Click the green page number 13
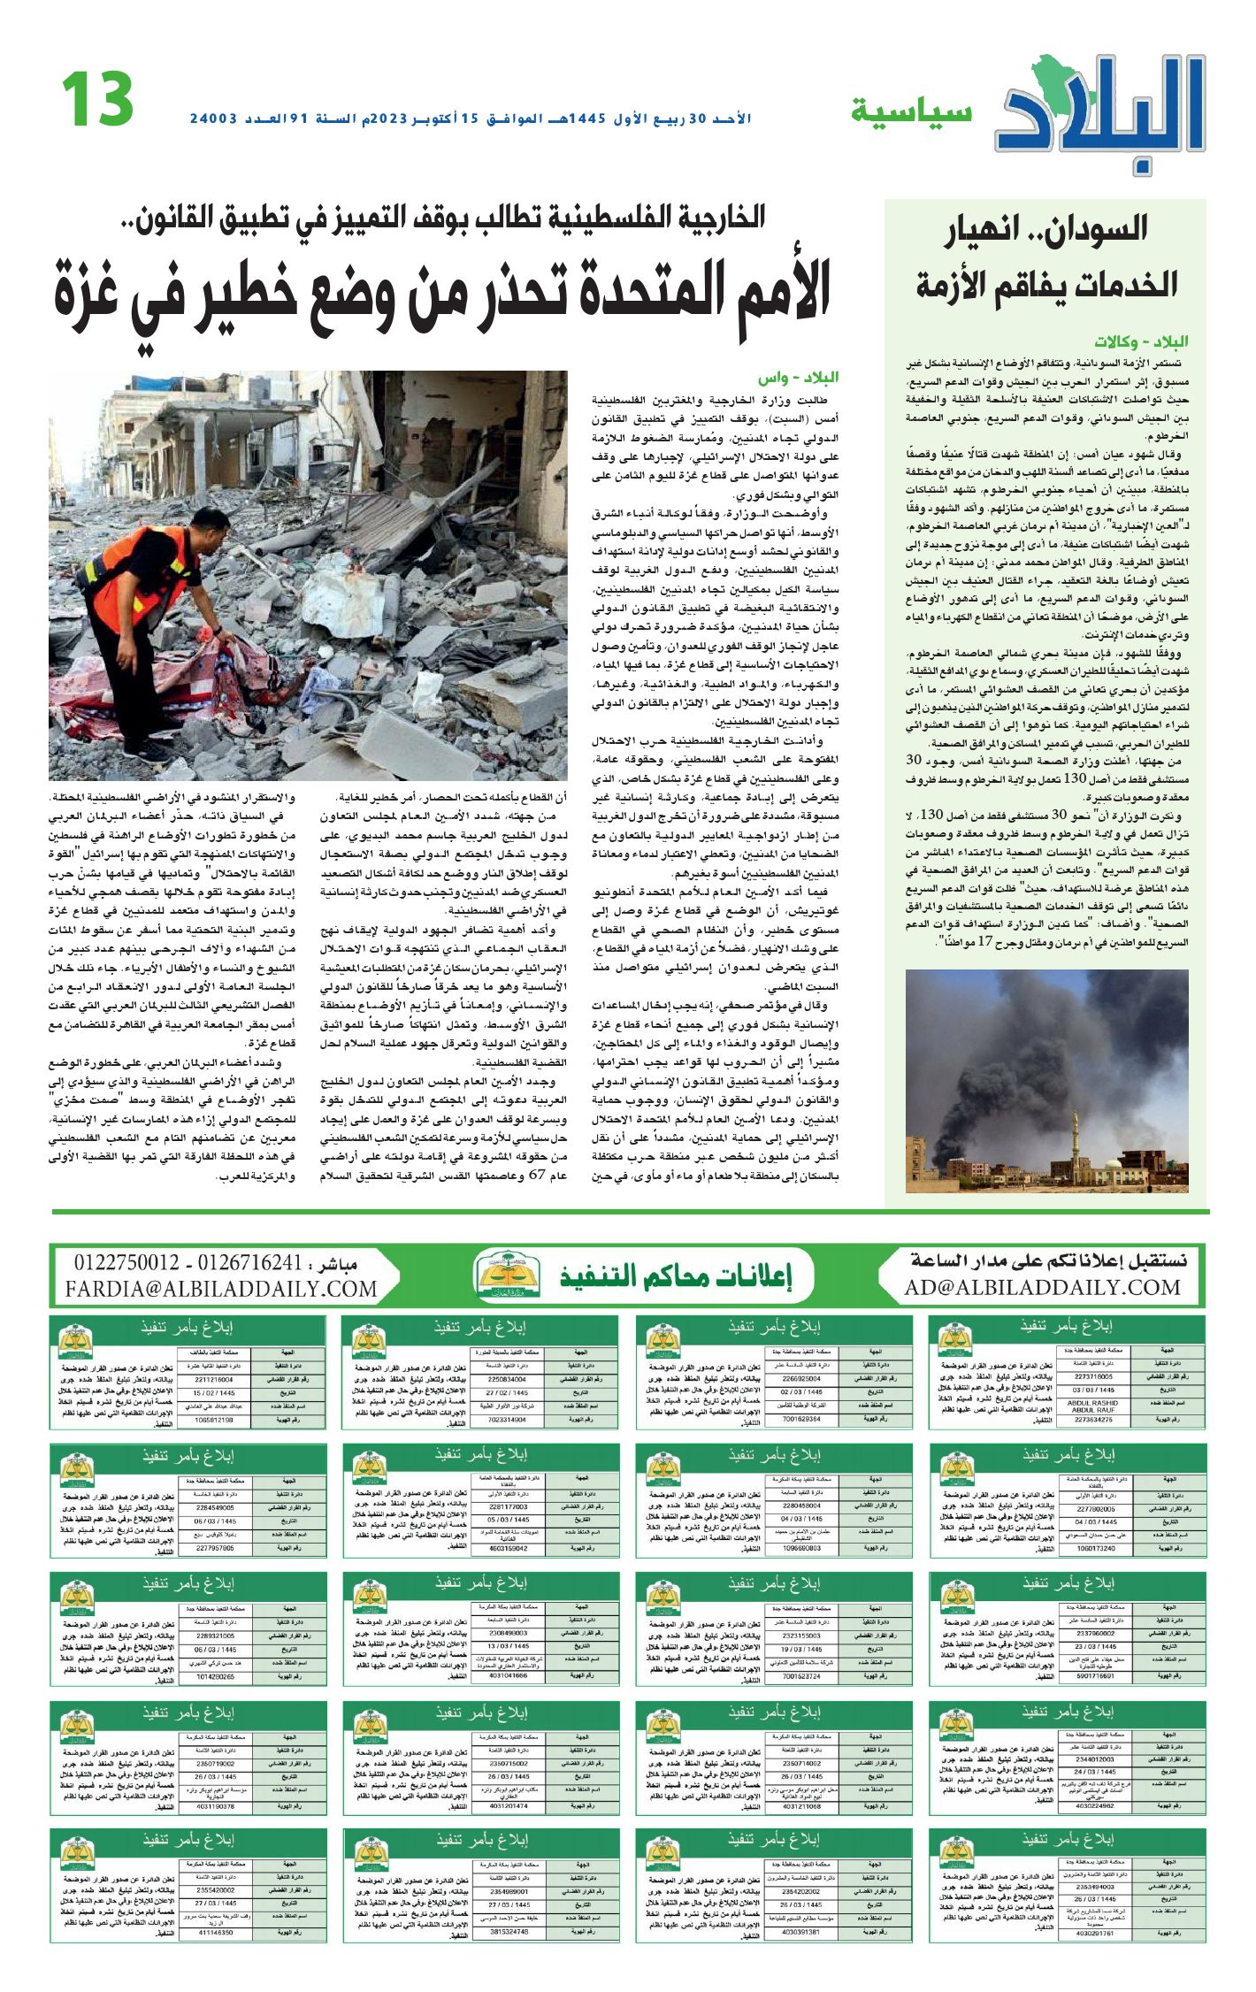(x=97, y=100)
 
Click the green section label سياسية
(x=911, y=112)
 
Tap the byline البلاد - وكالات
(x=1141, y=341)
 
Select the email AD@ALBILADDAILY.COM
(x=1042, y=1288)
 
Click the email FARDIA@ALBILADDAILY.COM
(x=221, y=1290)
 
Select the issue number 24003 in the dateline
(x=214, y=119)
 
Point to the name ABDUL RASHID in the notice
(x=1092, y=1403)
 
